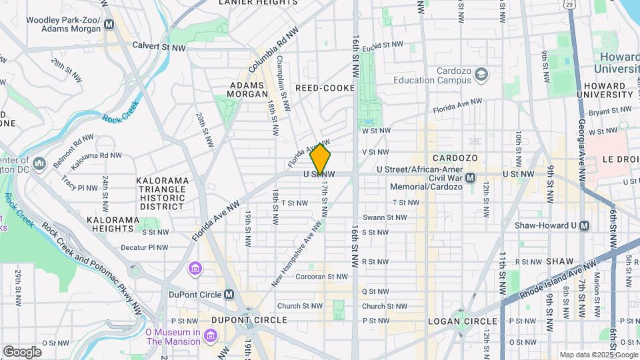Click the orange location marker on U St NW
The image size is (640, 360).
[x=320, y=159]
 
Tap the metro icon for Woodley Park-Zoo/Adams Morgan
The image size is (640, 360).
[x=109, y=24]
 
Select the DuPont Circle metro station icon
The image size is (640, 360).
[x=229, y=294]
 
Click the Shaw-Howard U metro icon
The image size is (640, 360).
[x=584, y=225]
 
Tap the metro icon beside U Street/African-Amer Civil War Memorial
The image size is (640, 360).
[x=471, y=177]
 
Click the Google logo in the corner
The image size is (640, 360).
[x=22, y=351]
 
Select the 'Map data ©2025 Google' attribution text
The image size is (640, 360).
[x=598, y=355]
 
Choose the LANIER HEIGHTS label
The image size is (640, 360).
[x=258, y=3]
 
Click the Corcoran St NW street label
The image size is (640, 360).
[x=321, y=276]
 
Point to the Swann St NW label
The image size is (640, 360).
[x=384, y=217]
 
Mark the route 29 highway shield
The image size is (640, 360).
[x=584, y=5]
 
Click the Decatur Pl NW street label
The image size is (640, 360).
[x=143, y=247]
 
